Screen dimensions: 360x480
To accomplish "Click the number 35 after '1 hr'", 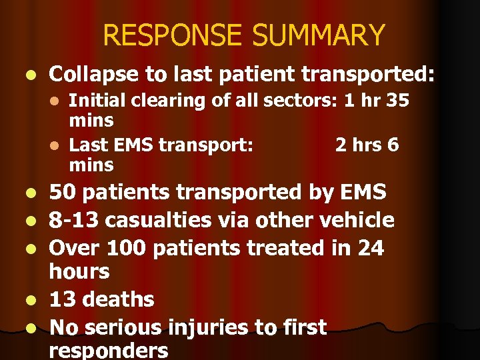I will pos(396,101).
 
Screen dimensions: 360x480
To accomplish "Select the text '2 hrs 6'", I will pos(367,145).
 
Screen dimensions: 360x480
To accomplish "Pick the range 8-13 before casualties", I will pos(78,220).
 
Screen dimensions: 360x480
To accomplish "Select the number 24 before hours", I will pos(371,248).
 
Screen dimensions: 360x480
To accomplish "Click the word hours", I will pos(79,271).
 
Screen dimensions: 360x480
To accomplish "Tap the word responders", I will pos(109,351).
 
